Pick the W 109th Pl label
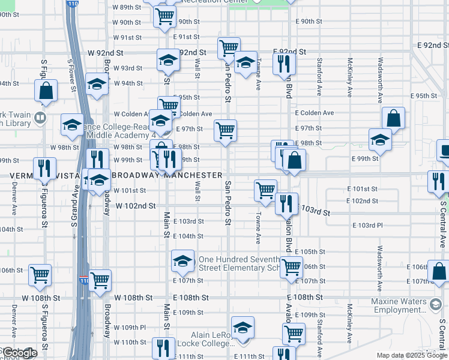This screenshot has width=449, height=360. point(130,328)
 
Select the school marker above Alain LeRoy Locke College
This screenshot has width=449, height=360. point(243,327)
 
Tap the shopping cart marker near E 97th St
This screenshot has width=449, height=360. point(225,130)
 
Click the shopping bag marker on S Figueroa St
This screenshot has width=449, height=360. point(46,91)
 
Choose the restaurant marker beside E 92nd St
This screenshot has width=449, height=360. point(284,63)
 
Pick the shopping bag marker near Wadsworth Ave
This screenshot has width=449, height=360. point(393,118)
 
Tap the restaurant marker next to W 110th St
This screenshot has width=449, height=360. point(163,347)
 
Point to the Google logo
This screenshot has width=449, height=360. point(19,353)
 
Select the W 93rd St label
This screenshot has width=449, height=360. point(128,68)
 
